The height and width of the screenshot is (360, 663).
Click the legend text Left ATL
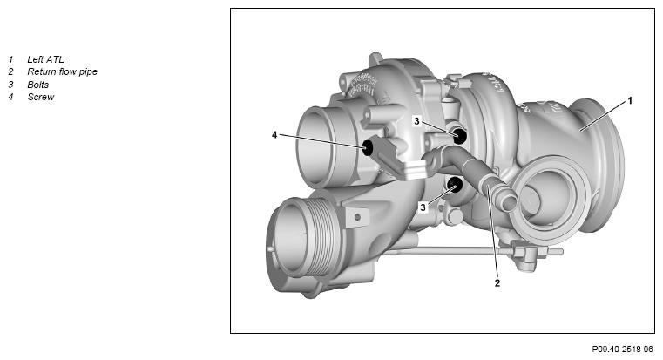pos(45,59)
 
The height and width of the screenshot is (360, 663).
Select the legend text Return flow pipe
pos(62,72)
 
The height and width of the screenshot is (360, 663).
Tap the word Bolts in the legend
pos(38,85)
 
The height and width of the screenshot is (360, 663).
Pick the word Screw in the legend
pos(41,97)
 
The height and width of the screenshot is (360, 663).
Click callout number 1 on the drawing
pos(630,101)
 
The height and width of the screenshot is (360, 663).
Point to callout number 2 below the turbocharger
pos(497,283)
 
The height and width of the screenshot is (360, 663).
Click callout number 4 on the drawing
pos(274,135)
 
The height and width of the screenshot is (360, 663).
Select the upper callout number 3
pos(416,121)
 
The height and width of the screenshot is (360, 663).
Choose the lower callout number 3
pos(423,207)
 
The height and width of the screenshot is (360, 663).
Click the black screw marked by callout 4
pos(368,148)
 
